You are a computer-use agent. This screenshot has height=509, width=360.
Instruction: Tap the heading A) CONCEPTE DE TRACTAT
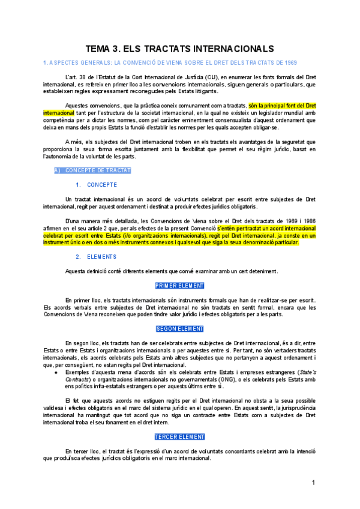[92, 170]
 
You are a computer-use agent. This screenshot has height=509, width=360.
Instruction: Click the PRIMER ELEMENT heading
[179, 286]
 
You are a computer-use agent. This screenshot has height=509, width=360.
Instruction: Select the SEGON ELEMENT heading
[179, 329]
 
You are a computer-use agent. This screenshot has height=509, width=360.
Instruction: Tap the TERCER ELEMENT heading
[179, 437]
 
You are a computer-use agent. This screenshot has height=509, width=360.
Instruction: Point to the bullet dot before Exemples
[56, 372]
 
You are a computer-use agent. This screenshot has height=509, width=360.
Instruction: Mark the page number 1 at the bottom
[313, 483]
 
